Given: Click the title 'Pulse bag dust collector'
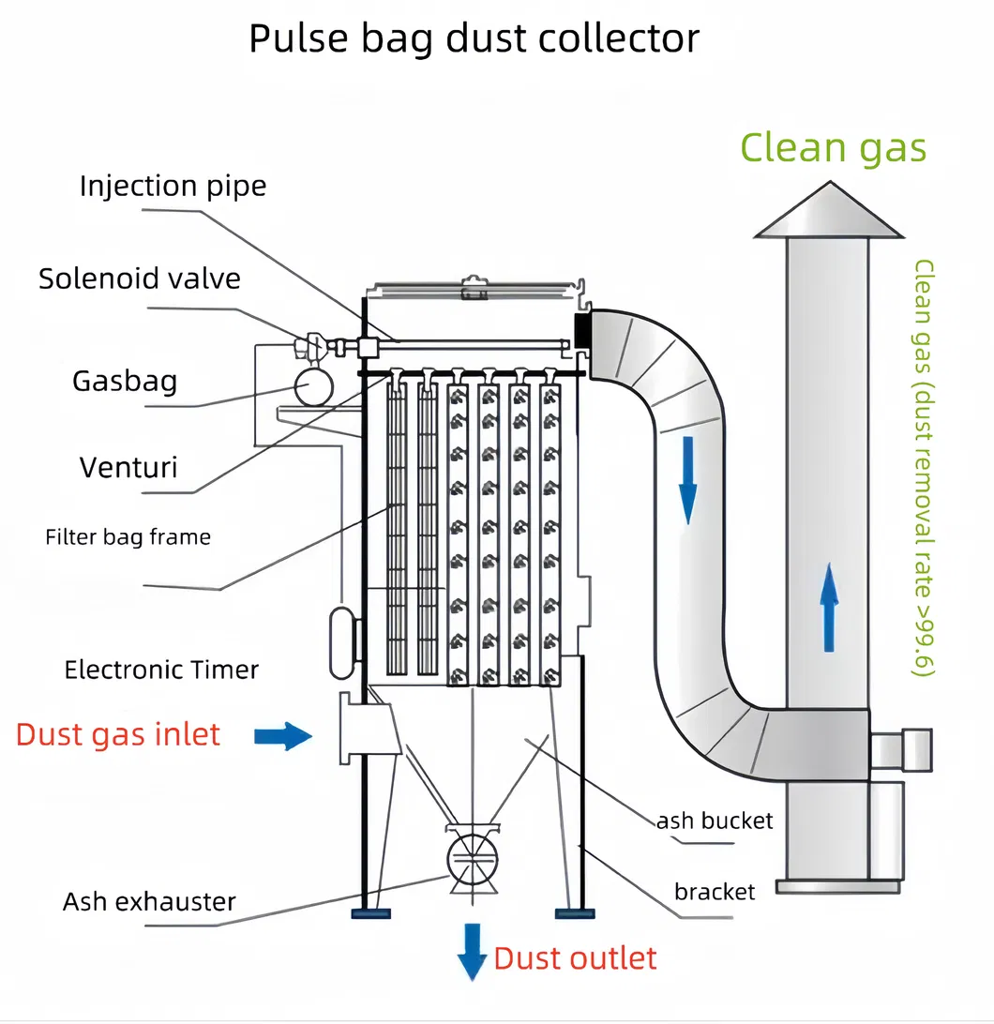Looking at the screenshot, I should point(474,39).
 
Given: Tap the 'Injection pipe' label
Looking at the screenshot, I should point(173,185).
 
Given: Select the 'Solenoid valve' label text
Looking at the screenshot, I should point(140,279).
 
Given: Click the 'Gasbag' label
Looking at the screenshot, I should point(125,381).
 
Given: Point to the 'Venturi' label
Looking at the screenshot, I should point(128,467).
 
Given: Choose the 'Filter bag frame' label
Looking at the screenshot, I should point(128,537).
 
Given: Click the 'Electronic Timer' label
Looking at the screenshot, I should point(161,670).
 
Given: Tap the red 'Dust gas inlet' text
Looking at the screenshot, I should point(118,733).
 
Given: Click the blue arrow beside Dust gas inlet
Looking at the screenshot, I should point(283,736).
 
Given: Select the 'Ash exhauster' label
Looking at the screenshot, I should point(149,902).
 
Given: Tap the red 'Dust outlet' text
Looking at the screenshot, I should point(575,958).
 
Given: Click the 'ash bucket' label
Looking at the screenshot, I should point(715,821).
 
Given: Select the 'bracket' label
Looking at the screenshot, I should point(715,891).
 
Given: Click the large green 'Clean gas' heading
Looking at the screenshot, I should point(833,148).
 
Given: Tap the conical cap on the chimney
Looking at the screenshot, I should point(826,210).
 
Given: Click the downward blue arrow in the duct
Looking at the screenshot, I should point(688,478).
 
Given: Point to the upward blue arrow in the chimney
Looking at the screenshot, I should point(829,608).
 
